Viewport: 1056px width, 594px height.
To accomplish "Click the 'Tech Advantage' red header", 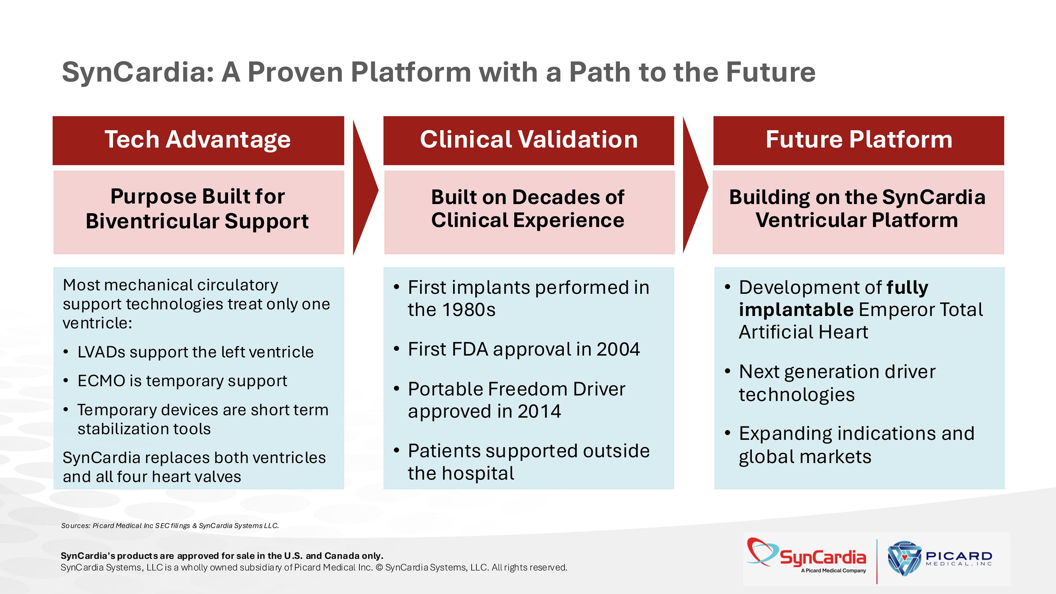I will click(198, 140).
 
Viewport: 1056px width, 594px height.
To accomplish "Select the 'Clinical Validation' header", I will click(528, 140).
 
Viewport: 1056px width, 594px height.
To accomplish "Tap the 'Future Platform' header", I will click(859, 140).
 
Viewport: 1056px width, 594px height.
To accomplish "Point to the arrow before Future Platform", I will click(694, 187).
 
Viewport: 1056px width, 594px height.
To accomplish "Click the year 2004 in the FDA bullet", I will click(618, 350).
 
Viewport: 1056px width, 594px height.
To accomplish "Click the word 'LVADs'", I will click(101, 352).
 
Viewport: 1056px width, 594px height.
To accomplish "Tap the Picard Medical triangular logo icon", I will click(904, 557).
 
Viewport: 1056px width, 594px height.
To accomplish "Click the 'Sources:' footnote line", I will click(170, 525).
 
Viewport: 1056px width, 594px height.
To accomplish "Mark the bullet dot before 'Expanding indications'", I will click(727, 433).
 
